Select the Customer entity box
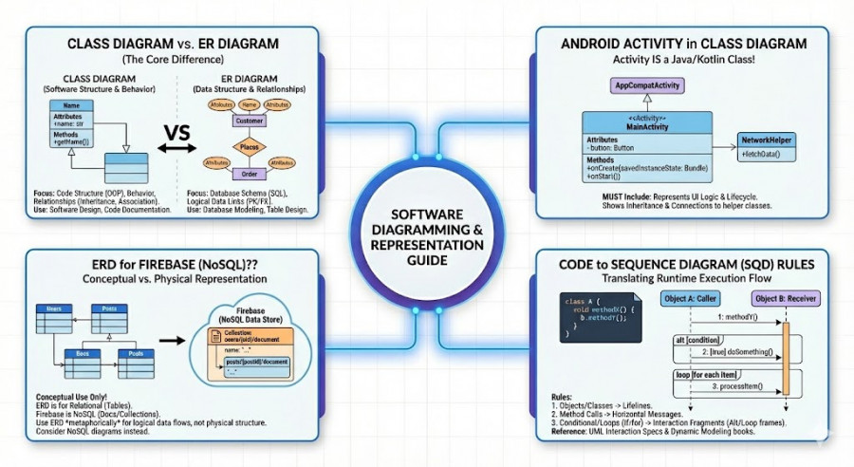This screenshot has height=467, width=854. click(x=249, y=121)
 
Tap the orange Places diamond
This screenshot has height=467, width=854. click(x=250, y=148)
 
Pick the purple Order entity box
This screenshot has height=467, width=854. click(x=250, y=173)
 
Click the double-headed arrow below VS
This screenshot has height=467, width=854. click(x=176, y=148)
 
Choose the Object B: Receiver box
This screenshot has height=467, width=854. click(x=788, y=296)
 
